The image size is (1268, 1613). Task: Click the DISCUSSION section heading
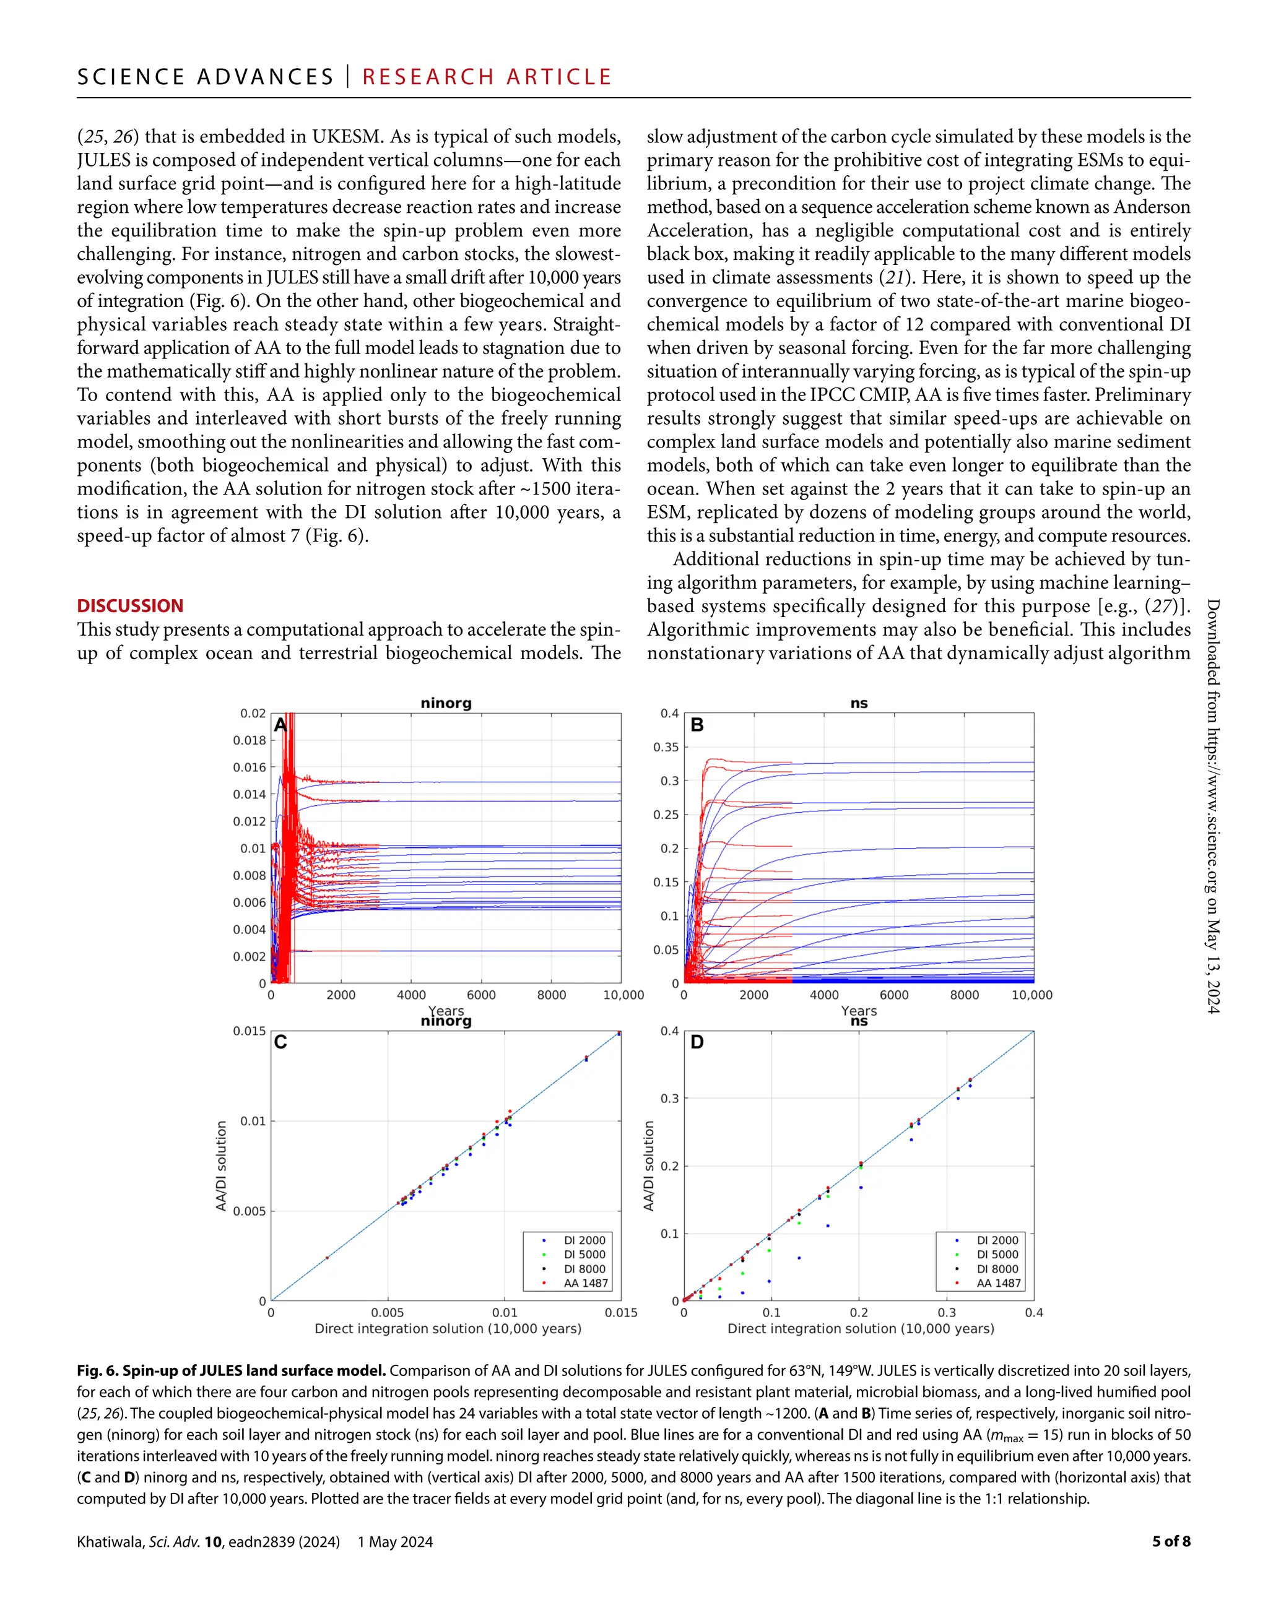130,606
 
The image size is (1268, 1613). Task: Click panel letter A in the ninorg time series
280,725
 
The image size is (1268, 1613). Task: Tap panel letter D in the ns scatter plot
697,1042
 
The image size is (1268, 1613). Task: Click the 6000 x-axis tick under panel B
894,995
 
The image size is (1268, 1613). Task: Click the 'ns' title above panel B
859,703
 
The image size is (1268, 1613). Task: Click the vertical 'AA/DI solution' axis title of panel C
221,1166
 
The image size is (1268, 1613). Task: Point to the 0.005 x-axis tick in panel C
388,1313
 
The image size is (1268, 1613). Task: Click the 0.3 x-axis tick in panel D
947,1313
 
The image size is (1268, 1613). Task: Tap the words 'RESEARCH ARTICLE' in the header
487,77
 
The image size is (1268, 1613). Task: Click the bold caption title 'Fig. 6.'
97,1371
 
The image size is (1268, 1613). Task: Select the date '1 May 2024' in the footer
395,1542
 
